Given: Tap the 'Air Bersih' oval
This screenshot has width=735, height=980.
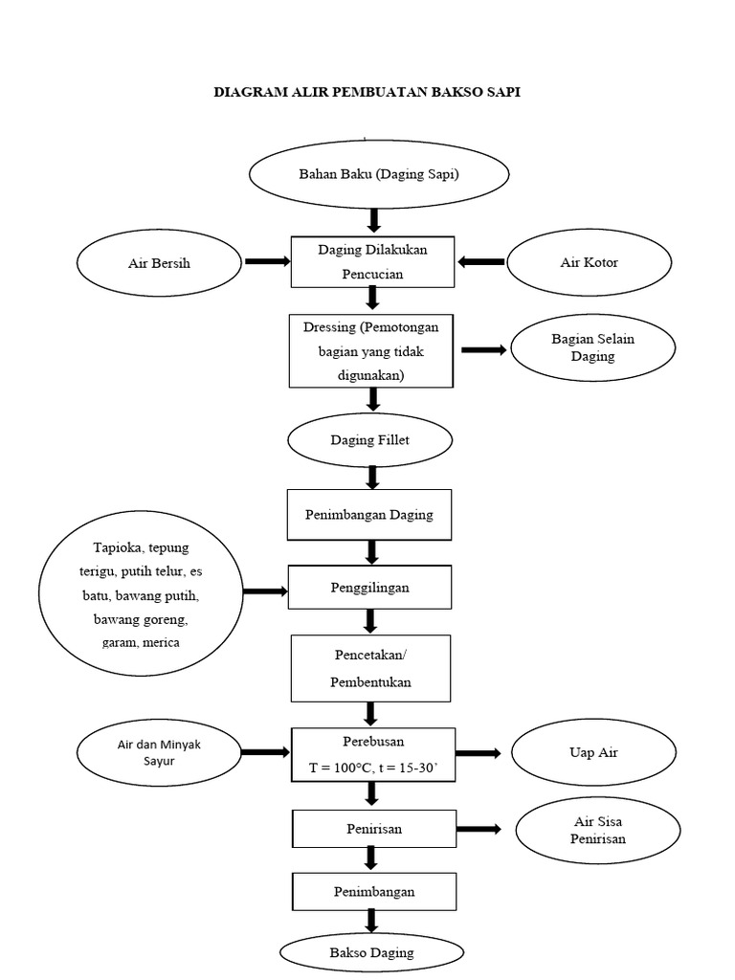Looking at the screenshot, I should click(x=159, y=263).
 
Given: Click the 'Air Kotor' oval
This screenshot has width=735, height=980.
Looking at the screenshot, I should click(x=588, y=262).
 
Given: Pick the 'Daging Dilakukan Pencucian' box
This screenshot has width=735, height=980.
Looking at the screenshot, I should click(x=372, y=261).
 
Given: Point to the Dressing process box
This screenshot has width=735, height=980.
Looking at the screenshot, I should click(x=371, y=351).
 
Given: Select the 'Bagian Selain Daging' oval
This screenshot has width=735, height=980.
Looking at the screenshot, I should click(x=592, y=348).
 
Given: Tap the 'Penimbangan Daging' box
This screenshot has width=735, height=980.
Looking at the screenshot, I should click(x=368, y=515).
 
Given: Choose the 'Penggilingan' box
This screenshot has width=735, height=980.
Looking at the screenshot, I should click(x=369, y=588).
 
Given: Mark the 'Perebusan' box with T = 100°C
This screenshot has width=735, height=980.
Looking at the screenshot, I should click(x=371, y=753).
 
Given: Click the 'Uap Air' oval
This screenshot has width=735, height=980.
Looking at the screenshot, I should click(x=593, y=753).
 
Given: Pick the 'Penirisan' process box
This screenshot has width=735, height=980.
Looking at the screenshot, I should click(x=371, y=829).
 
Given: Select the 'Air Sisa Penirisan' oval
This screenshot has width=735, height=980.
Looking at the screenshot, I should click(x=598, y=831).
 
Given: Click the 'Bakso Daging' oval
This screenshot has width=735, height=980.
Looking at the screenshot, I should click(x=371, y=952).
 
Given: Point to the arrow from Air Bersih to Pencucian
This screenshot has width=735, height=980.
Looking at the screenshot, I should click(x=267, y=261).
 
